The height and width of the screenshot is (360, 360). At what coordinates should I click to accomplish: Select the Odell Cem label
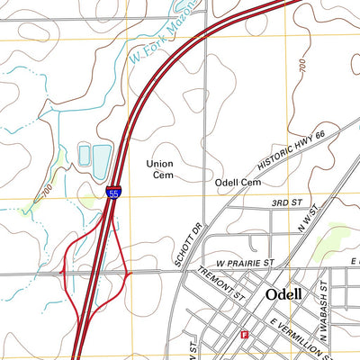pos(238,183)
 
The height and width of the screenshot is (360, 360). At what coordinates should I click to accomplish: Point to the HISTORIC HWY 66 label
pos(290,148)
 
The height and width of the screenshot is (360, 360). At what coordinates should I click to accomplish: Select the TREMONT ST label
pos(222,283)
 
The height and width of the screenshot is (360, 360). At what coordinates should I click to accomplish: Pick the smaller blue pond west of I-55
pos(84,155)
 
